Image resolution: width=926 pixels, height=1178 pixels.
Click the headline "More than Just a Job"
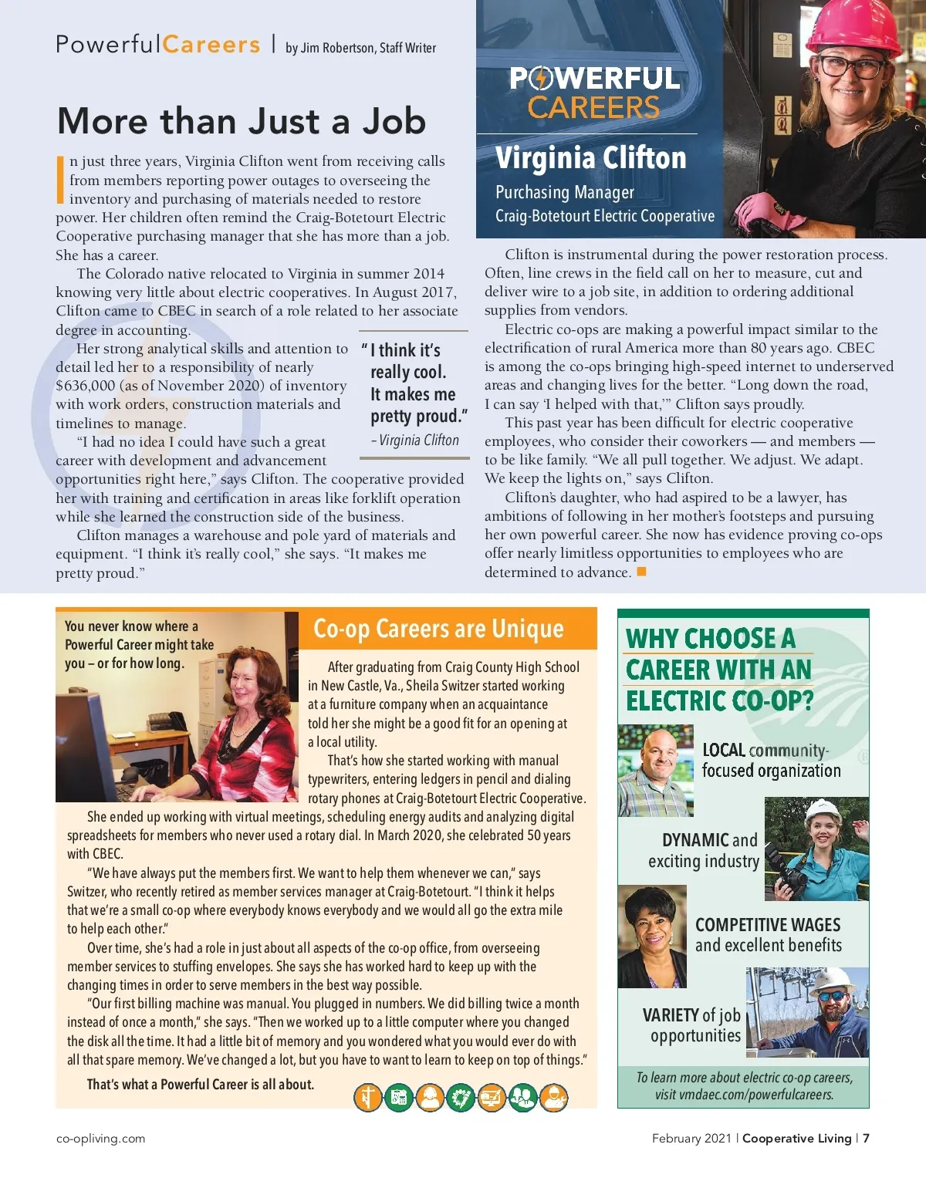coord(241,122)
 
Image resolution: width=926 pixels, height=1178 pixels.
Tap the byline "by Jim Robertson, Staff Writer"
coord(360,48)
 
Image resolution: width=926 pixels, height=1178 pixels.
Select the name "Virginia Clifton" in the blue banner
coord(590,158)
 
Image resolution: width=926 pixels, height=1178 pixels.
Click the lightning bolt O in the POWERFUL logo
coord(542,79)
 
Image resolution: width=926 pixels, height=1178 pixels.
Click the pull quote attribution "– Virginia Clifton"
coord(415,440)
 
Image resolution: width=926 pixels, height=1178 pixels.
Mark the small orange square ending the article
coord(641,572)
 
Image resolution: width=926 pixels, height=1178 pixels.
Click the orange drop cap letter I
coord(61,180)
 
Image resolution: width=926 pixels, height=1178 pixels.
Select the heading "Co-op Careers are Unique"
coord(438,630)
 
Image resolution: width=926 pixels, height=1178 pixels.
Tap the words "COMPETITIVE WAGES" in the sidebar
coord(768,925)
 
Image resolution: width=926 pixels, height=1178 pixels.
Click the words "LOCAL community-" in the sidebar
coord(765,751)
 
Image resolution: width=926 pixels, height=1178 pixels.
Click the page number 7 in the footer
coord(866,1139)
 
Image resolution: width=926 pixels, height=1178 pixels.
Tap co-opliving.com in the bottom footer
coord(100,1139)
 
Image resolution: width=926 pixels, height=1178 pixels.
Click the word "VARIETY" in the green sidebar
coord(671,1015)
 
